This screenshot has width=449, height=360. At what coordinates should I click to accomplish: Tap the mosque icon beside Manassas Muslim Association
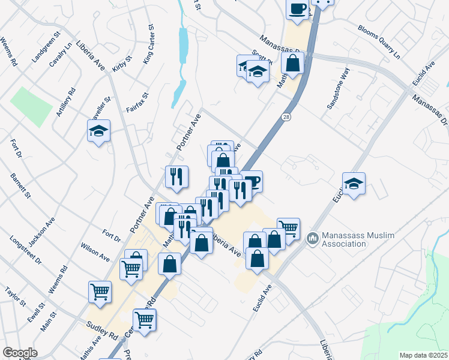[x=312, y=239]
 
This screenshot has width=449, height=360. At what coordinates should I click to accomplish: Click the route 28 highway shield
[x=288, y=118]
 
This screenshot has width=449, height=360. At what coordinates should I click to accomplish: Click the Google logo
[x=20, y=353]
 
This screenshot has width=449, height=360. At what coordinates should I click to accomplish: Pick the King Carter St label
[x=149, y=45]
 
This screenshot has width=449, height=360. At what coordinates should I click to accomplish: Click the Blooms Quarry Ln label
[x=379, y=41]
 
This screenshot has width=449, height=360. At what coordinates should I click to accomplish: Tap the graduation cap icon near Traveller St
[x=99, y=131]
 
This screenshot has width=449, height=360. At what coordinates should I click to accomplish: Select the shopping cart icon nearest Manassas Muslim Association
[x=289, y=228]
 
